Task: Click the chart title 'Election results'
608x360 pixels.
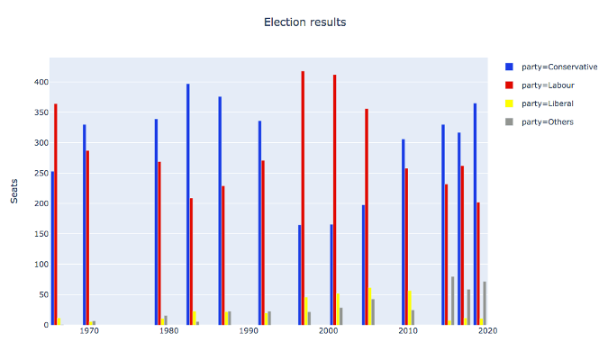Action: pos(304,22)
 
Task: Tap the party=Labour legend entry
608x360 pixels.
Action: pos(541,85)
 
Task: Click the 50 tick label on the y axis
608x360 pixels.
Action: pos(40,294)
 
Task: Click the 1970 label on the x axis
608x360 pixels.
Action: pos(89,332)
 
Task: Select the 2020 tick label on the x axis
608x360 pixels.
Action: pos(487,332)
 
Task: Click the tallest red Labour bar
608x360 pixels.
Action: pos(303,198)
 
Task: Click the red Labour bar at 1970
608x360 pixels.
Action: pos(88,238)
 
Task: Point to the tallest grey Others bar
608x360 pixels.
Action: pos(453,301)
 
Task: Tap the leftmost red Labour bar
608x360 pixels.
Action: pos(56,214)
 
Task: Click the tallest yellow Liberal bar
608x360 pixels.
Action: pos(370,307)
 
